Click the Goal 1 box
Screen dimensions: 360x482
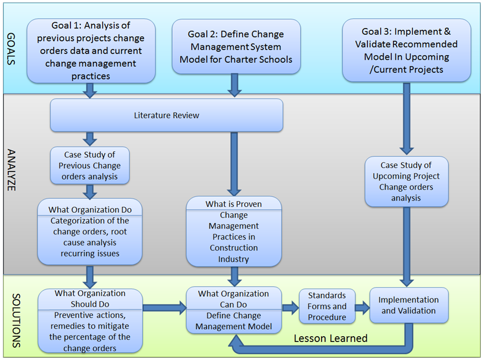91,50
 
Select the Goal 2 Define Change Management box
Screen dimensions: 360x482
236,47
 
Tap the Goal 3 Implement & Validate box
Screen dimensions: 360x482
408,50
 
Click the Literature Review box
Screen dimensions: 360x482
166,115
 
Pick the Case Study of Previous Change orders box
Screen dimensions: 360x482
90,165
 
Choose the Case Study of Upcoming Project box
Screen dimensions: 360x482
406,181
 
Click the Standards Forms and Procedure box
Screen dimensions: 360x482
327,306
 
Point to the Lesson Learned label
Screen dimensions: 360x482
330,338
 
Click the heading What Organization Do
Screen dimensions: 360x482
90,209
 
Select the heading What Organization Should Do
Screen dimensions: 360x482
90,299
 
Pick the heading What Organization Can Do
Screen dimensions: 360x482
233,298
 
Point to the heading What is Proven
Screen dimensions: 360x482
233,204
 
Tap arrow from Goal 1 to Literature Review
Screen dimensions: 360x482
90,90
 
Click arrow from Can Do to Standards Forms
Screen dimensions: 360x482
290,306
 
